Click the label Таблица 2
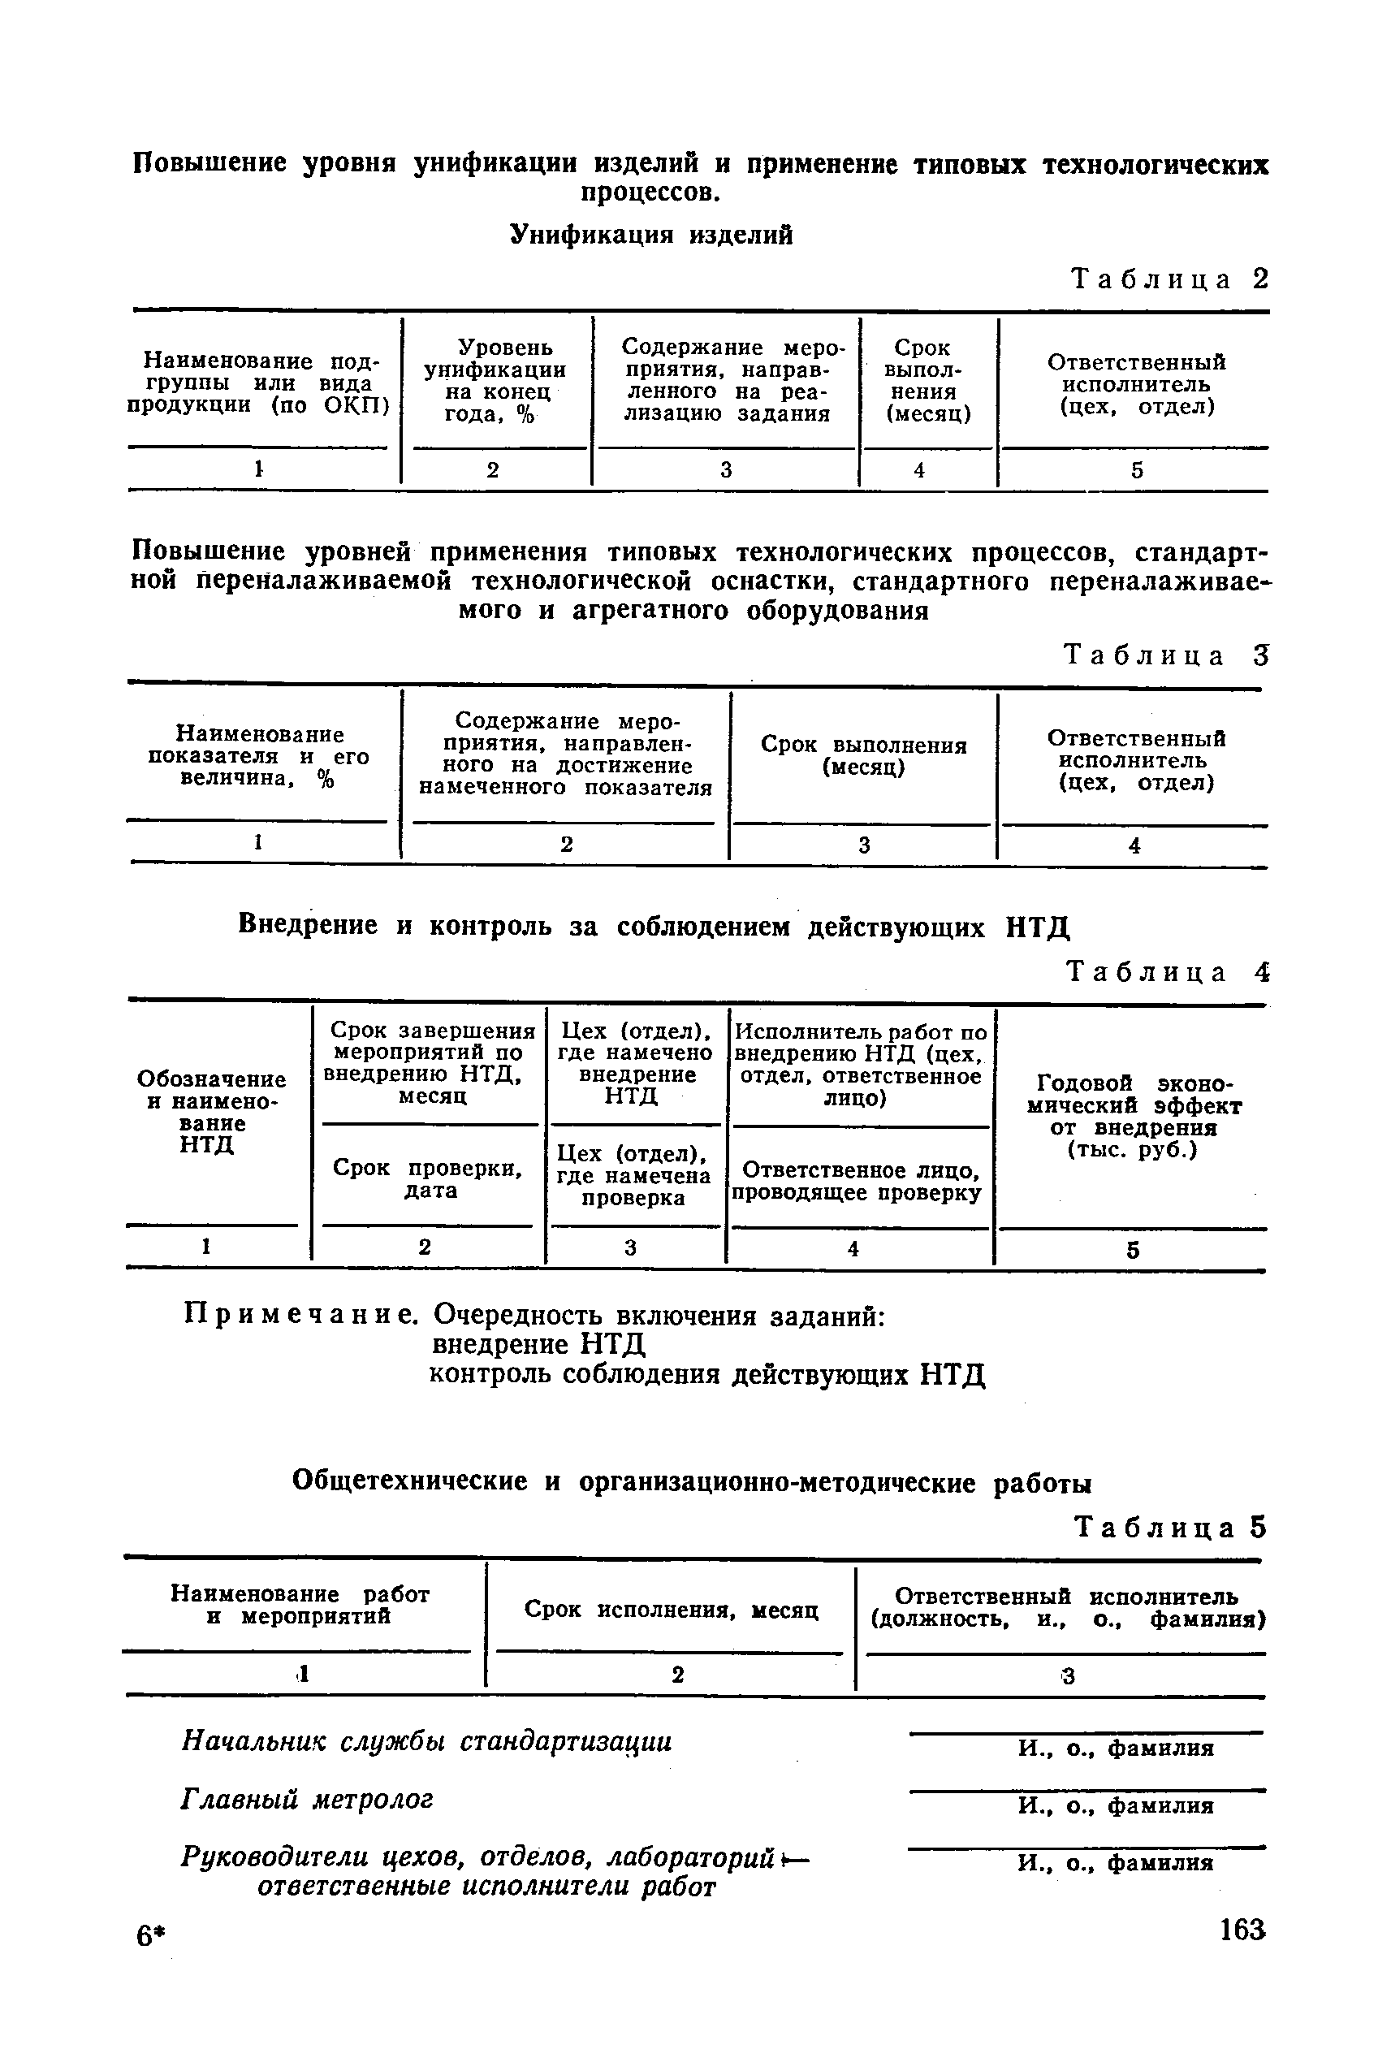(x=1170, y=280)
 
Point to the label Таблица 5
(x=1170, y=1527)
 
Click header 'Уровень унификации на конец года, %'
(x=495, y=380)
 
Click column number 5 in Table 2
(x=1136, y=470)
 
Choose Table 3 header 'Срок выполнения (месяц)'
(x=863, y=756)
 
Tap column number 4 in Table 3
(x=1134, y=846)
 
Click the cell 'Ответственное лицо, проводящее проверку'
(x=857, y=1182)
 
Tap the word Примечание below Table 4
(x=300, y=1315)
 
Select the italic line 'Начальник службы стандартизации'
(x=426, y=1742)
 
